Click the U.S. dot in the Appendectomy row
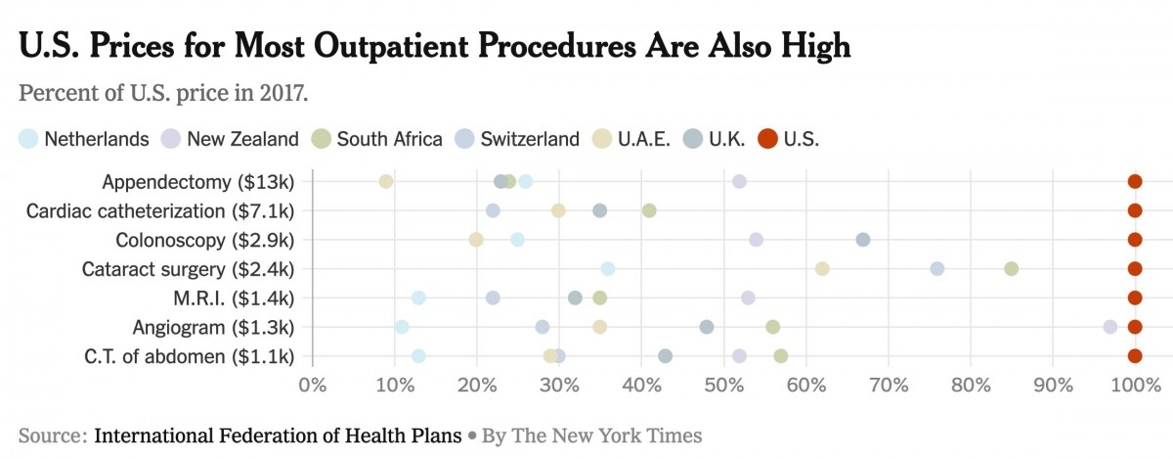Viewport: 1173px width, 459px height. (x=1135, y=181)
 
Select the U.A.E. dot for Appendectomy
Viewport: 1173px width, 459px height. (x=386, y=181)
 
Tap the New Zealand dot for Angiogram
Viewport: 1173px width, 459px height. (x=1109, y=327)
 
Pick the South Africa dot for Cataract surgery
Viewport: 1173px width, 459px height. (x=1012, y=269)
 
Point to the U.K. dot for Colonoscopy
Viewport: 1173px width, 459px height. (x=863, y=240)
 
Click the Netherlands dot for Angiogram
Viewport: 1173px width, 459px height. (x=402, y=327)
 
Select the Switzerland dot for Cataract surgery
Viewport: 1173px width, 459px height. (x=937, y=269)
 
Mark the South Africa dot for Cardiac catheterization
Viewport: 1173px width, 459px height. (x=649, y=210)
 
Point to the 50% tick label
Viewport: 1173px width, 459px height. (x=723, y=385)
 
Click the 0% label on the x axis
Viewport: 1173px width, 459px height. (x=312, y=385)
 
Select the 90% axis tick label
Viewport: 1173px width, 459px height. (x=1053, y=385)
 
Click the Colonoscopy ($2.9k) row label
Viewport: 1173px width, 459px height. (x=204, y=240)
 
